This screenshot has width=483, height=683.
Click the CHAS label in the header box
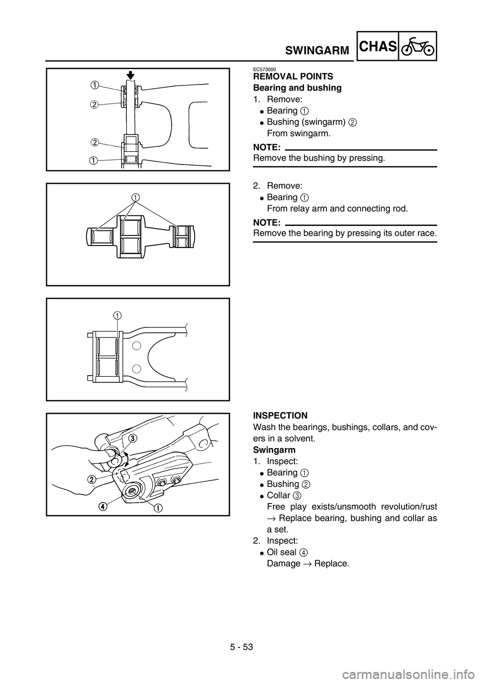pyautogui.click(x=378, y=47)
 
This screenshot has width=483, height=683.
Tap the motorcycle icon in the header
pyautogui.click(x=417, y=47)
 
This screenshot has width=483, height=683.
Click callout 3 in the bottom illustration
pyautogui.click(x=133, y=438)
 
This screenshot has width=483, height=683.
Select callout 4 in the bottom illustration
pyautogui.click(x=103, y=506)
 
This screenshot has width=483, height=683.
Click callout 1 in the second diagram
pyautogui.click(x=136, y=196)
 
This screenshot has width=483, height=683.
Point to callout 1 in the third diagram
pyautogui.click(x=117, y=315)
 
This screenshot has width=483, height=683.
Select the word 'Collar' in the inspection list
pyautogui.click(x=278, y=495)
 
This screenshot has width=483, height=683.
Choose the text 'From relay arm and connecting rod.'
pyautogui.click(x=337, y=208)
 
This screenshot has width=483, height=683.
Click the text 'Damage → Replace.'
pyautogui.click(x=307, y=563)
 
